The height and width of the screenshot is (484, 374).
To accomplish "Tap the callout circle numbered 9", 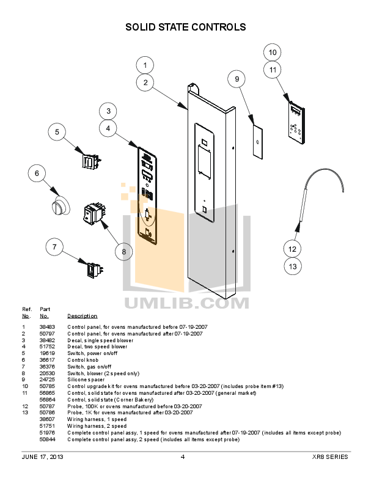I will click(237, 79).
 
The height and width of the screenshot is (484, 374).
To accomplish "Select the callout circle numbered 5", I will click(57, 132).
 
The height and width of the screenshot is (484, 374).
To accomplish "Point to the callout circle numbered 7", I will click(54, 247).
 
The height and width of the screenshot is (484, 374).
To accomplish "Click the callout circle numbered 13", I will click(293, 266).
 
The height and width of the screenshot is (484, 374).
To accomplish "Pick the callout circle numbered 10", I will click(273, 52).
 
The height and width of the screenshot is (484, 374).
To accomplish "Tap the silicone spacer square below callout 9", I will click(258, 142).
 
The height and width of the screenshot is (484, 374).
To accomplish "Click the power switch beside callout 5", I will click(90, 161).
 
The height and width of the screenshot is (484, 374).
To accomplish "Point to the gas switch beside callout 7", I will click(94, 268).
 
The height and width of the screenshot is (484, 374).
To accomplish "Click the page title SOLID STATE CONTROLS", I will click(186, 27).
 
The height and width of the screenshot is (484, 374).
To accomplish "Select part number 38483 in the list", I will click(47, 327).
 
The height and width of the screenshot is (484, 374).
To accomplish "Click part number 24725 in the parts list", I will click(47, 380).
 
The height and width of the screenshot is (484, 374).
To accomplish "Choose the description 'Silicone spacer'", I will click(86, 380).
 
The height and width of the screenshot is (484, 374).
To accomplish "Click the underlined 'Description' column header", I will click(82, 316).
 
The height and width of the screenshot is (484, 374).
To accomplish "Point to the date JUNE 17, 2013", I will click(42, 457).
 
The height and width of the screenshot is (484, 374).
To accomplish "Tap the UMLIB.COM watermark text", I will click(186, 302).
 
